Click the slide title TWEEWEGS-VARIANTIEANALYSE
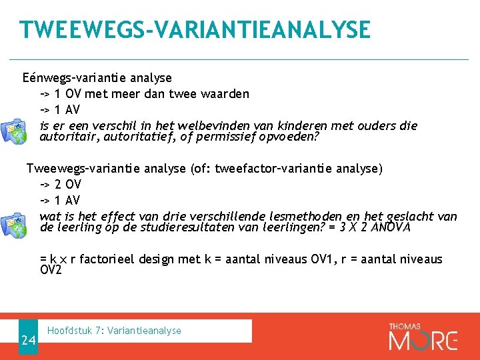[195, 30]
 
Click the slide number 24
[28, 341]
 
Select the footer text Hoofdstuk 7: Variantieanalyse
[115, 331]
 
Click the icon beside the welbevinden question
[14, 131]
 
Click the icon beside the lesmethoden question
[14, 223]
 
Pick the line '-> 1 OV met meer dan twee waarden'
[144, 94]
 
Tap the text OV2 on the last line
[51, 270]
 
